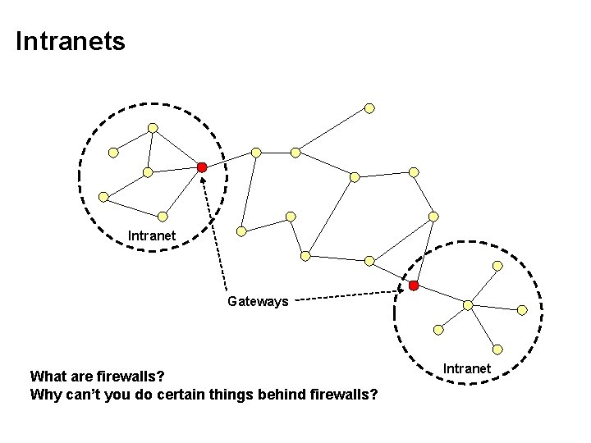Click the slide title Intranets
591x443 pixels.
71,41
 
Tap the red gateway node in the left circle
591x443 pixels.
202,167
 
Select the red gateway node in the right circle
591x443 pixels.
414,285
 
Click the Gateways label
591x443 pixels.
258,301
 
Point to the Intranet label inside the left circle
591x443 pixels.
152,236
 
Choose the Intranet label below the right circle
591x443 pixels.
467,368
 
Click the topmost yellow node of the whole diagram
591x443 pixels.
370,107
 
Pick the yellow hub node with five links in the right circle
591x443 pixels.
468,305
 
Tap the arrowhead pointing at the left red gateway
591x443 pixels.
204,179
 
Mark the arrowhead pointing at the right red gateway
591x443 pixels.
403,289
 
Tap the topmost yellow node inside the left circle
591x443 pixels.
153,128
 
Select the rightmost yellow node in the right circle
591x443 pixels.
522,310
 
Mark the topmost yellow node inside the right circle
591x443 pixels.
497,266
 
